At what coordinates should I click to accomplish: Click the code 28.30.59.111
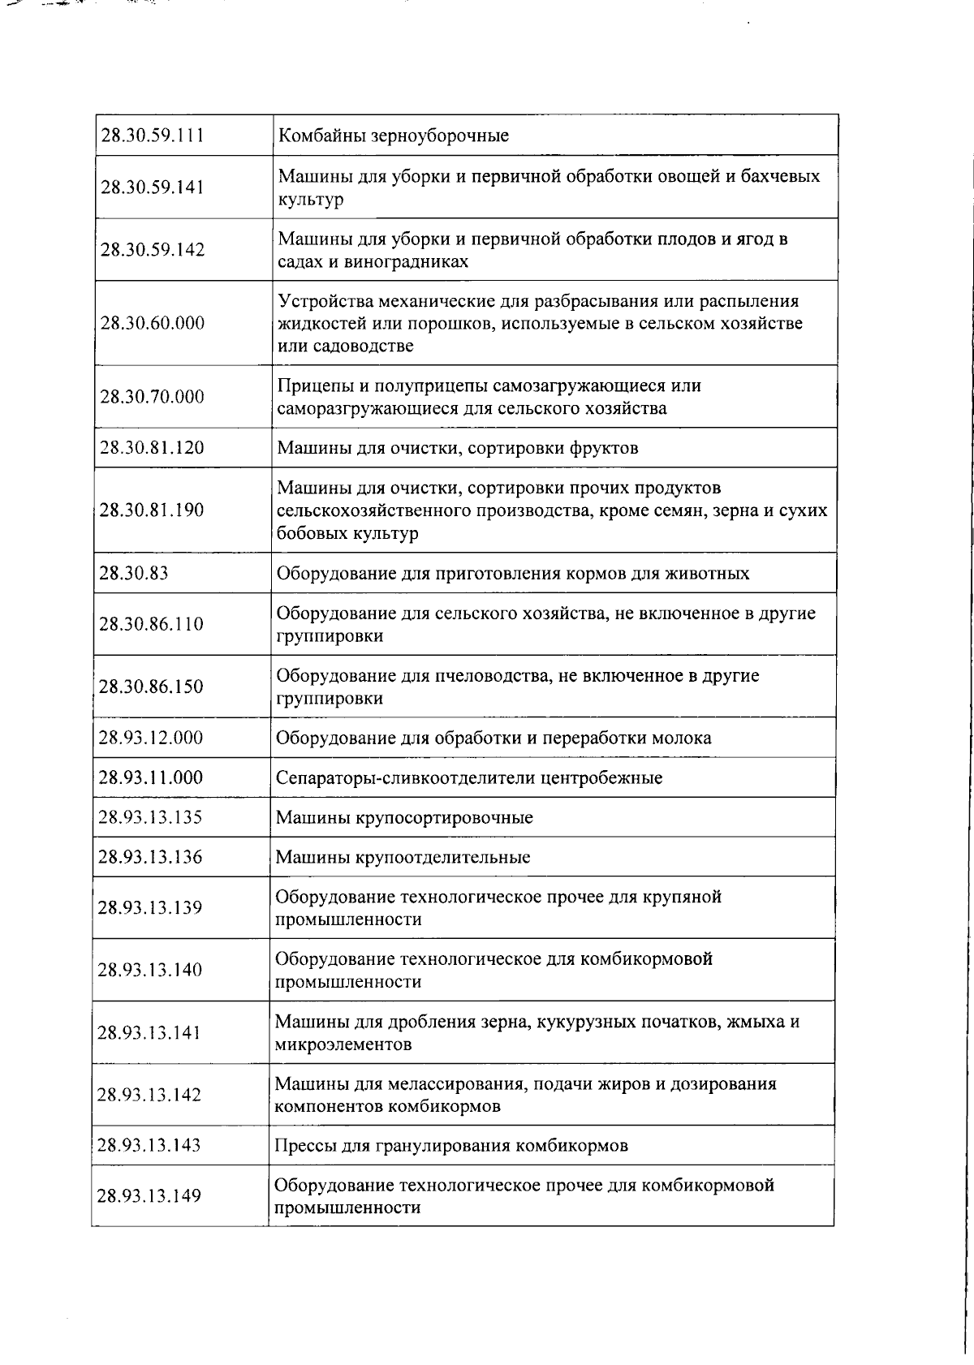pyautogui.click(x=152, y=136)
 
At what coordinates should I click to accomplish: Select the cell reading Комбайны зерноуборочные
pyautogui.click(x=394, y=136)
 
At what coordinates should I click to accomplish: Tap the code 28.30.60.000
pyautogui.click(x=152, y=323)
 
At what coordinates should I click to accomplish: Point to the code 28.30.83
pyautogui.click(x=133, y=573)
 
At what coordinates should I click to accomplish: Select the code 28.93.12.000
pyautogui.click(x=150, y=738)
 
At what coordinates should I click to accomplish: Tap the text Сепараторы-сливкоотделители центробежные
pyautogui.click(x=469, y=777)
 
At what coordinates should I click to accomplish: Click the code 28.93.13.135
pyautogui.click(x=150, y=817)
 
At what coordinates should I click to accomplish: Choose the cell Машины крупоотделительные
pyautogui.click(x=403, y=857)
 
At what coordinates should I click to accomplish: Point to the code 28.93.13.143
pyautogui.click(x=149, y=1145)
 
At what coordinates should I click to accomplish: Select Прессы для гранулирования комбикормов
pyautogui.click(x=451, y=1146)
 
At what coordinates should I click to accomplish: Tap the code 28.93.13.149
pyautogui.click(x=149, y=1195)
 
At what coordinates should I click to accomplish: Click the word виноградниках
pyautogui.click(x=415, y=262)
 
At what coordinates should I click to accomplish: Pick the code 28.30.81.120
pyautogui.click(x=151, y=448)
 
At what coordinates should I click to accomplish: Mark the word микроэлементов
pyautogui.click(x=343, y=1044)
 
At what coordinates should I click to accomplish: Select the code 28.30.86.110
pyautogui.click(x=151, y=624)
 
